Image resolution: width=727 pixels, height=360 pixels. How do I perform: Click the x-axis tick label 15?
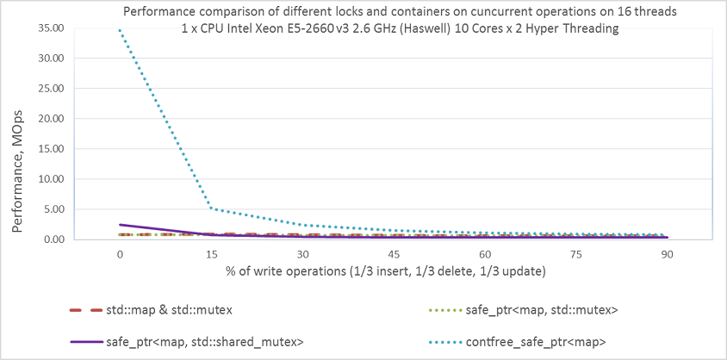(x=211, y=254)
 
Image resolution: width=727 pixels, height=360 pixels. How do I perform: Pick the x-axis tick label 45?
(x=394, y=254)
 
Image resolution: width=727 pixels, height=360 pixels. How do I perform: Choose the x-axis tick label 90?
(x=668, y=254)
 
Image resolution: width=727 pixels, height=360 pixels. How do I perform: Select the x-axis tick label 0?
(x=120, y=254)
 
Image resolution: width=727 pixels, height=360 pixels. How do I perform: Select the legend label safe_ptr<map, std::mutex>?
(x=542, y=310)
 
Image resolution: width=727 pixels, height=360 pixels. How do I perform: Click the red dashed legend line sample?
(x=86, y=310)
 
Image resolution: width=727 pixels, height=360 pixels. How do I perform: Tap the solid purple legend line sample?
(x=86, y=343)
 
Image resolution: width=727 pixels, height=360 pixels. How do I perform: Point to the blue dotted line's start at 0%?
(x=120, y=29)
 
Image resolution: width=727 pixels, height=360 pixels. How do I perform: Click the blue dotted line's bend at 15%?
(x=211, y=208)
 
